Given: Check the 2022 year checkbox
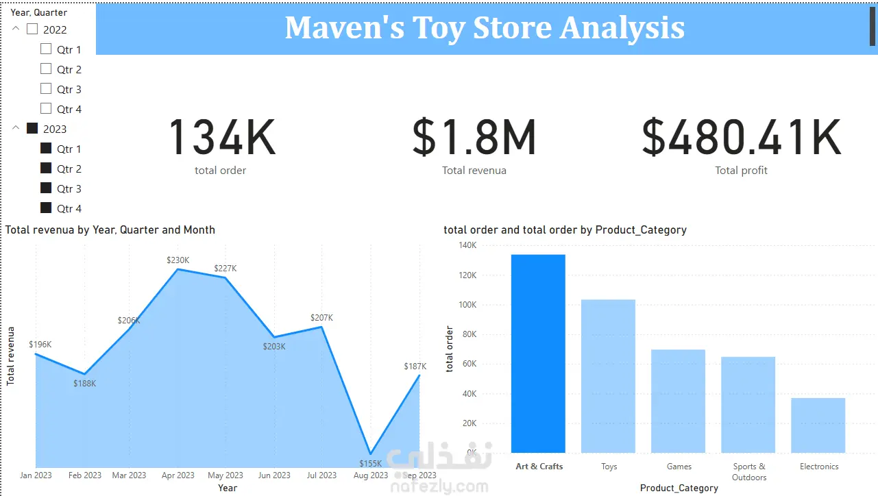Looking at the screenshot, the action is [x=32, y=29].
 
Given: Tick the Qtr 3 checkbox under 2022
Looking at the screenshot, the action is [x=46, y=88].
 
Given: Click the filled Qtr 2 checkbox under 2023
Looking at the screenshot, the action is [x=46, y=168].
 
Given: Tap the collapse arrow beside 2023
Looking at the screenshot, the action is [x=16, y=127].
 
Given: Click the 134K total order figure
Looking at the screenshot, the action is [x=222, y=137].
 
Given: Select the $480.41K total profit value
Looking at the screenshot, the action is [x=741, y=137].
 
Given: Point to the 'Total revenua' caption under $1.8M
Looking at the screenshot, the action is [x=474, y=171].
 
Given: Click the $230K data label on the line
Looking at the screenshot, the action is [x=178, y=260].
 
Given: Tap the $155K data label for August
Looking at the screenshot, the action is [x=370, y=464].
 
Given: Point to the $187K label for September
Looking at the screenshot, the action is [x=415, y=367].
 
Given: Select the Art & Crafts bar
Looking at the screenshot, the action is [x=538, y=354].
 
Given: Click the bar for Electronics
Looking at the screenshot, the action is [x=818, y=425].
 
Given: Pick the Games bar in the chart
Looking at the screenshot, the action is [x=678, y=401].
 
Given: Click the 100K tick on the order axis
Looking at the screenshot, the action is [x=467, y=305].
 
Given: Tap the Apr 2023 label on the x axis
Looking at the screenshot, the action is [x=178, y=475].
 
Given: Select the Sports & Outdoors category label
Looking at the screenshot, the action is [x=749, y=472].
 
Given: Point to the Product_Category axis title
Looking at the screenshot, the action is [x=679, y=488].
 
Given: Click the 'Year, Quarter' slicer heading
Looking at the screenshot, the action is [x=39, y=12].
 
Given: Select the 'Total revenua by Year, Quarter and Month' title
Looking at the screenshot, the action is [x=110, y=230].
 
